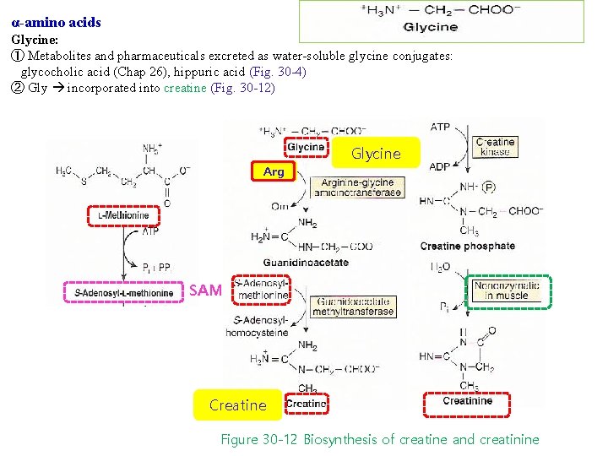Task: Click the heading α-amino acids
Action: [x=57, y=23]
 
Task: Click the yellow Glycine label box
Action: [x=376, y=154]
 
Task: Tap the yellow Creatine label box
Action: [x=237, y=405]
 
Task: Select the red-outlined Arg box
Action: [x=274, y=171]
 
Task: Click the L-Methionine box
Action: [x=118, y=216]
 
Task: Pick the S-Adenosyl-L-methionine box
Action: [x=123, y=293]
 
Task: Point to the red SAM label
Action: [x=205, y=290]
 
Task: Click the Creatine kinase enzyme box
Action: [x=495, y=147]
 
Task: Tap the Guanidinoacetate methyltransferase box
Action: [x=353, y=306]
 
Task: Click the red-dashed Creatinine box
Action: [x=467, y=401]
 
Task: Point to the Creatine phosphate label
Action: [x=467, y=247]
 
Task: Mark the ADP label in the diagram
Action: [x=439, y=166]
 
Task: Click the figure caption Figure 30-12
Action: [x=379, y=439]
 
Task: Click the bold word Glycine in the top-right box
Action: [x=431, y=28]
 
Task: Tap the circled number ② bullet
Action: [x=17, y=88]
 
